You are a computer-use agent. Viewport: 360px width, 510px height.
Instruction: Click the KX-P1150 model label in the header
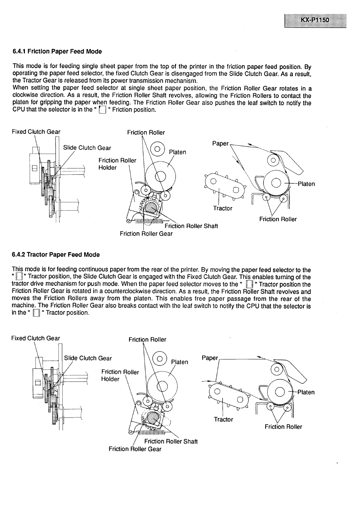tap(315, 20)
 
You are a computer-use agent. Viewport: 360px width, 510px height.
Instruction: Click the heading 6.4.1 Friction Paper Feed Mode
tap(57, 51)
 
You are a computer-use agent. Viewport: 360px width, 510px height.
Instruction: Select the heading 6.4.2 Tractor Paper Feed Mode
tap(56, 254)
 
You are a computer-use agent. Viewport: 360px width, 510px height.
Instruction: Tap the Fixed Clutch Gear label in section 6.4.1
tap(36, 132)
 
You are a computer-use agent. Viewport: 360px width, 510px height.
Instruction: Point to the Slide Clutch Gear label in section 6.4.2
tap(88, 358)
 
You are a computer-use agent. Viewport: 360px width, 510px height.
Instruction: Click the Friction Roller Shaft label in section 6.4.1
tap(191, 226)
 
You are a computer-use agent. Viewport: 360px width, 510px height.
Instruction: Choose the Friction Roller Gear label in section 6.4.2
tap(135, 449)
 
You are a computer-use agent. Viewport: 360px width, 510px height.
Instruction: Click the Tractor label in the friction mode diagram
tap(223, 208)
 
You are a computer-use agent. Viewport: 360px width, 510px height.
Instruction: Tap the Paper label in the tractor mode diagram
tap(210, 358)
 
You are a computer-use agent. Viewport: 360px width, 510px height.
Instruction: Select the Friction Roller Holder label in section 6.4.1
tap(117, 164)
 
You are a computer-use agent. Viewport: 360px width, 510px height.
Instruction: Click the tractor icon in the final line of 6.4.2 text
tap(36, 313)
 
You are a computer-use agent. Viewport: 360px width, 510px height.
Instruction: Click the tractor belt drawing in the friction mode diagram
tap(224, 185)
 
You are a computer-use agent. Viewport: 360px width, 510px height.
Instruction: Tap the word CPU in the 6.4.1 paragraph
tap(18, 110)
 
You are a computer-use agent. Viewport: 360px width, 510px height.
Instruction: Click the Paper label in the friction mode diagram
tap(220, 143)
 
